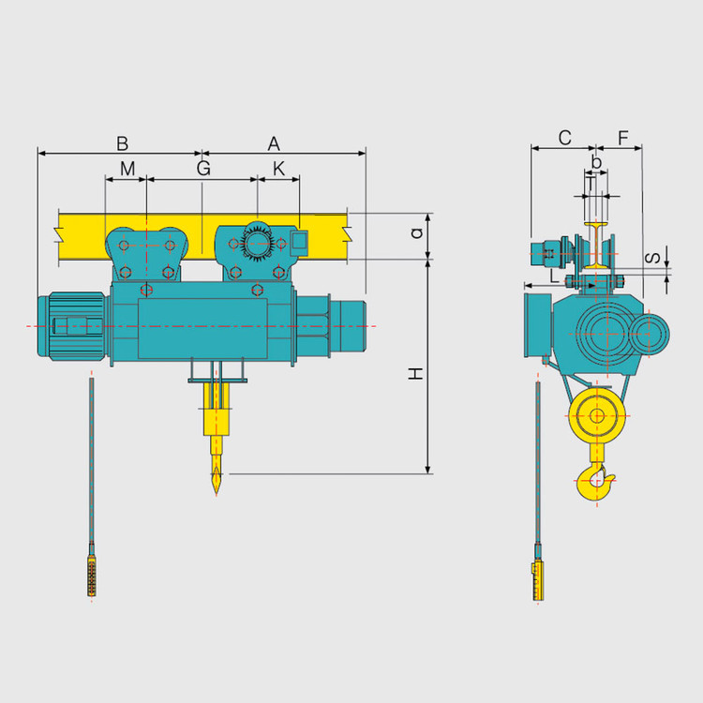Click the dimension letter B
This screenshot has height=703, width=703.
(123, 144)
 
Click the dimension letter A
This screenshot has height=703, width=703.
(274, 144)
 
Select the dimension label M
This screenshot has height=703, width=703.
(127, 169)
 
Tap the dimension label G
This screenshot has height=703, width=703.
(203, 169)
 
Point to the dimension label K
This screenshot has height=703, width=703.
(279, 169)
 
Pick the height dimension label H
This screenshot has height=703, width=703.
(416, 373)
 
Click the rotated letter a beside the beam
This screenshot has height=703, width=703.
(417, 232)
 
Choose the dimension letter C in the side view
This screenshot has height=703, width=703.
(565, 138)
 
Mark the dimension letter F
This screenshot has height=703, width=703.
(623, 138)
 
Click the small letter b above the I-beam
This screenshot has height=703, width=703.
(596, 161)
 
